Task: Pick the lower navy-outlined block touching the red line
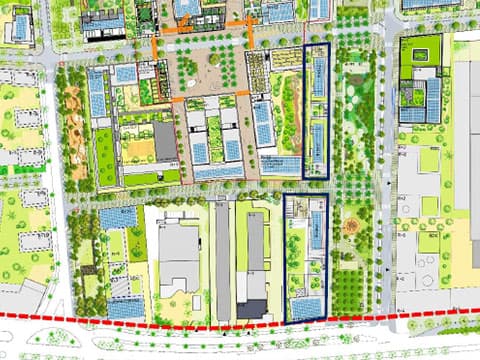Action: tap(305, 258)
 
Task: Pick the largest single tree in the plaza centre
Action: tap(214, 57)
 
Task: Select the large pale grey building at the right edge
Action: tap(467, 150)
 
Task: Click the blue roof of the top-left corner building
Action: tap(20, 27)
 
